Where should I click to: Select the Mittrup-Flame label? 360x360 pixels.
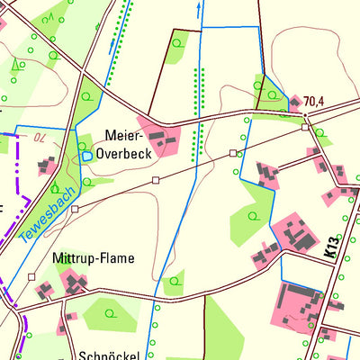(x=93, y=258)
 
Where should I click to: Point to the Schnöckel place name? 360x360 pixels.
(x=109, y=355)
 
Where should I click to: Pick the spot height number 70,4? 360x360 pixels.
(x=314, y=102)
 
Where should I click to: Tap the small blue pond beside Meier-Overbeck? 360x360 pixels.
(x=87, y=156)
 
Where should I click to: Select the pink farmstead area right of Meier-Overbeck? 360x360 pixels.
(x=160, y=138)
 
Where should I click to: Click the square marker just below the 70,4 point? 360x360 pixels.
(x=305, y=127)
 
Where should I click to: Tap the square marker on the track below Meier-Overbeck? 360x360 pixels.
(x=156, y=180)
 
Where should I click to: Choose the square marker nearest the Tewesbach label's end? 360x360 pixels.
(x=76, y=209)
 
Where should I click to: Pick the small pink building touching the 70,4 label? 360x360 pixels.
(x=295, y=101)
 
